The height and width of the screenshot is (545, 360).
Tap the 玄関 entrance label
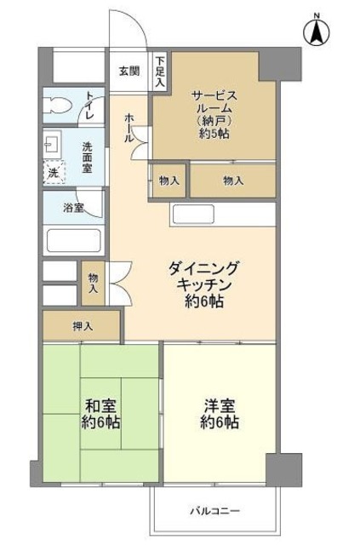pyautogui.click(x=129, y=71)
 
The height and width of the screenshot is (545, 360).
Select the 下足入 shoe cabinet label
pyautogui.click(x=160, y=72)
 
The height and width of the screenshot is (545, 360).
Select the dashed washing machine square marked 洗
pyautogui.click(x=53, y=173)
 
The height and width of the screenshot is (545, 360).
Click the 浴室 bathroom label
pyautogui.click(x=73, y=208)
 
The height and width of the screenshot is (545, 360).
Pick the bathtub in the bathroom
pyautogui.click(x=73, y=239)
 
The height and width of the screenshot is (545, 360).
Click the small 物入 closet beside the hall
pyautogui.click(x=169, y=181)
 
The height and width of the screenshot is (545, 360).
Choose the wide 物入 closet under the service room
pyautogui.click(x=233, y=181)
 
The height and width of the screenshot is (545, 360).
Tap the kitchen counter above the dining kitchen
pyautogui.click(x=223, y=214)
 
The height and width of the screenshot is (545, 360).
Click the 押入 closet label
pyautogui.click(x=83, y=325)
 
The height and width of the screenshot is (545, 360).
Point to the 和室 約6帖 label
pyautogui.click(x=101, y=413)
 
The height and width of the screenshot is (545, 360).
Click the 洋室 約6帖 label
pyautogui.click(x=220, y=413)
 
